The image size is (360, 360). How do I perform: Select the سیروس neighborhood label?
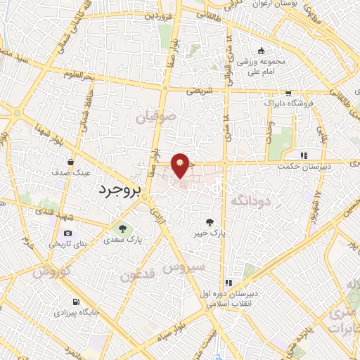(184, 267)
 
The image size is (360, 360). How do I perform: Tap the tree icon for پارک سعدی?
(124, 228)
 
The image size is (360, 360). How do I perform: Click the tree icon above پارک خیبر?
(209, 221)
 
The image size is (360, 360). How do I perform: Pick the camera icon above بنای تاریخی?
(67, 233)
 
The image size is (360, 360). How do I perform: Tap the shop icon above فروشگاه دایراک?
(288, 93)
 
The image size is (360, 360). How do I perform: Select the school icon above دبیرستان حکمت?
(304, 155)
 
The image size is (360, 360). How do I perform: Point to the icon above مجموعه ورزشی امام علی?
(261, 51)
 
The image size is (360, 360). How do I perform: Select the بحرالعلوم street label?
(78, 74)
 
